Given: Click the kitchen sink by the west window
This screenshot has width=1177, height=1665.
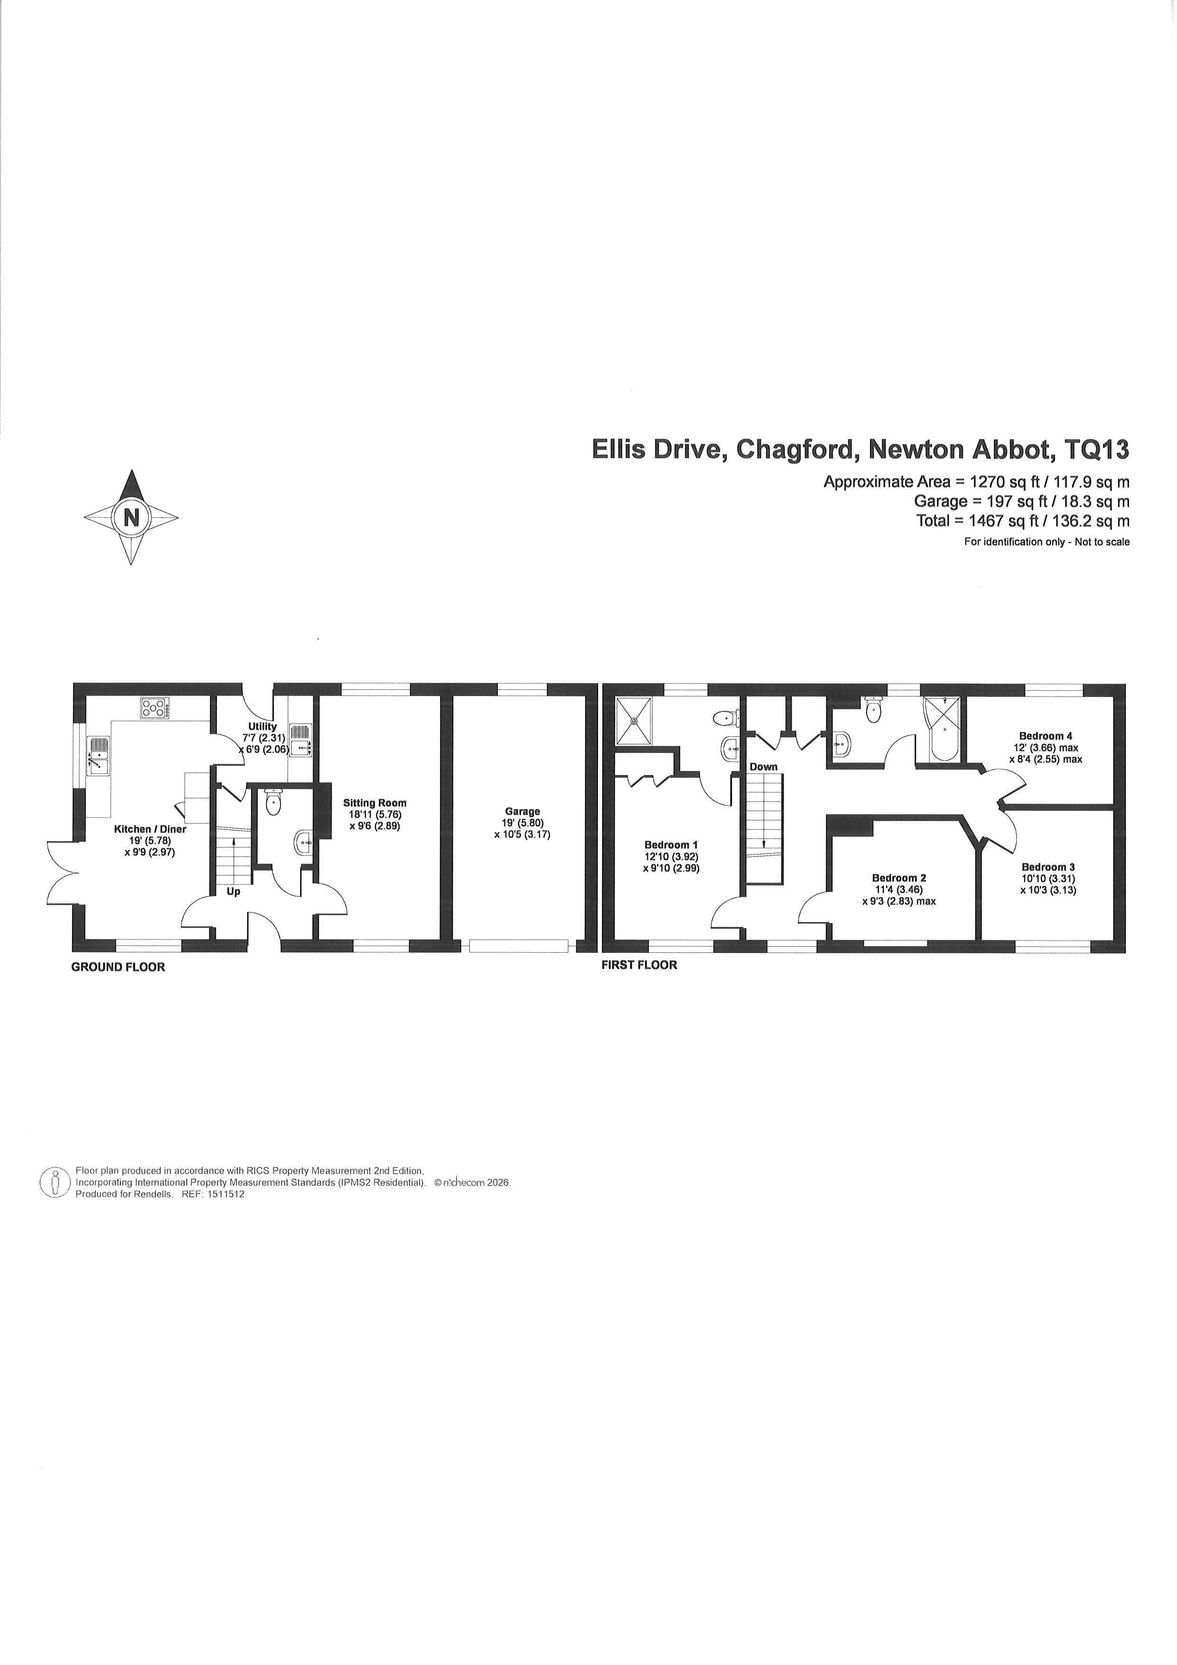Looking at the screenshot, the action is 98,756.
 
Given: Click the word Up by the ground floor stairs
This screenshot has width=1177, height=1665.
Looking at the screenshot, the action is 234,892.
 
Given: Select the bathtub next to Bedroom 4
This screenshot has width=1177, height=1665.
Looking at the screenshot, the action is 943,730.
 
